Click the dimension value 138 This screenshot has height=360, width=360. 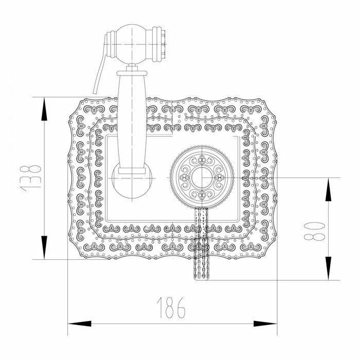pyautogui.click(x=31, y=178)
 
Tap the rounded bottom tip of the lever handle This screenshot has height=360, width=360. pyautogui.click(x=202, y=278)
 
